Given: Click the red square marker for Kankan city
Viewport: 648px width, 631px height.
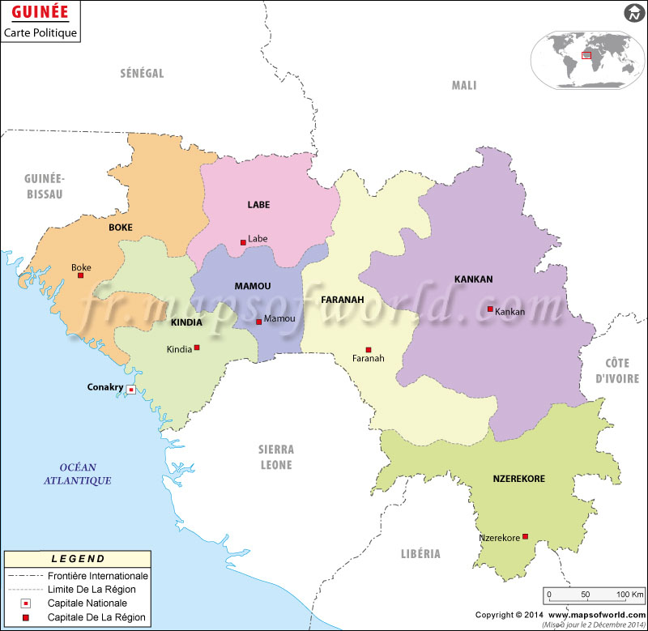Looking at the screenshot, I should (490, 309).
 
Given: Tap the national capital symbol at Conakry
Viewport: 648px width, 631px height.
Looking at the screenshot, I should (130, 390).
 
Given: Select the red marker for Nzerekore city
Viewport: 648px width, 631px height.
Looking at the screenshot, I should (526, 536).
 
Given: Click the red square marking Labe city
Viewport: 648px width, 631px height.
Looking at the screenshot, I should (243, 241).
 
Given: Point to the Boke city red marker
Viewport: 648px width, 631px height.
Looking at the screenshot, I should (80, 275).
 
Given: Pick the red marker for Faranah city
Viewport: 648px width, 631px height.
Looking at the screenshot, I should (369, 350).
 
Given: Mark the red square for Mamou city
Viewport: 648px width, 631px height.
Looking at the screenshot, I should (258, 322).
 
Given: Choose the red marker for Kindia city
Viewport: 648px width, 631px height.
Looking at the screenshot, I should (197, 347).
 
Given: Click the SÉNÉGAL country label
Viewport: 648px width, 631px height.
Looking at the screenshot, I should (142, 74).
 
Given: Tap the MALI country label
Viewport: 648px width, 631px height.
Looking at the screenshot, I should (464, 86).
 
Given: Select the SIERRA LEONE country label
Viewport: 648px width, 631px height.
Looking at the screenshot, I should (275, 457).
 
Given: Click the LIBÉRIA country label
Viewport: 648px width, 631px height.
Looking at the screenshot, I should (420, 554).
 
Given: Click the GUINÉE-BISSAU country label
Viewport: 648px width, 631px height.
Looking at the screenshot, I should (44, 186).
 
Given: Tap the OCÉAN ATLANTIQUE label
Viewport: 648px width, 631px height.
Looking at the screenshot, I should (78, 474).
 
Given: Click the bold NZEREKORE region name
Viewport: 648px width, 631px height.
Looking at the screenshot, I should (518, 479).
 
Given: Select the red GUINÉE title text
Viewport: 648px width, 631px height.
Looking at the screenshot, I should (38, 14).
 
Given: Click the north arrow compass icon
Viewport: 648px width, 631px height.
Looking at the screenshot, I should (633, 13).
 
